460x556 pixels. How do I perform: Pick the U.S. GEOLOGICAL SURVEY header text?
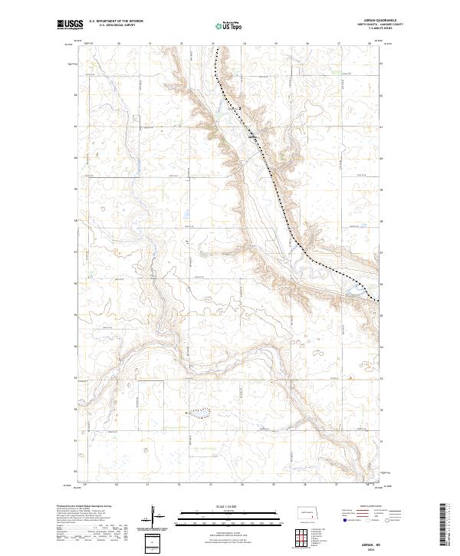pos(117,25)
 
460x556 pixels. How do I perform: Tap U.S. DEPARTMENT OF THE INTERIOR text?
pos(117,21)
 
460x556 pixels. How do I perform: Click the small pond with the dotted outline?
pos(202,413)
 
